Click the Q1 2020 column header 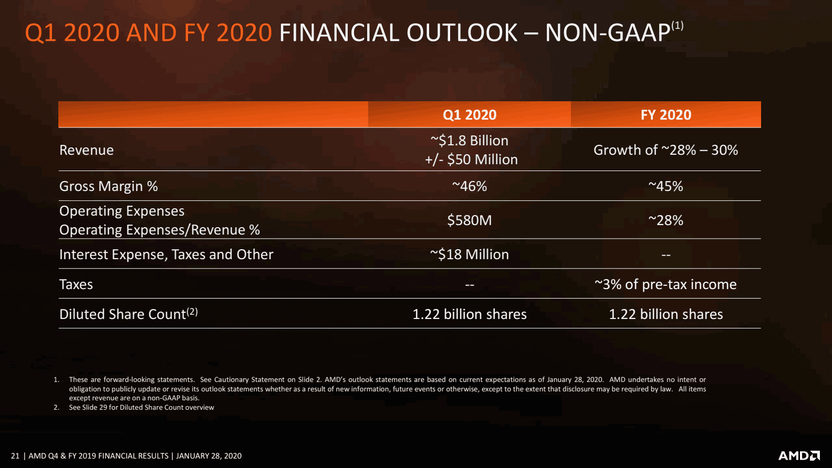coord(469,115)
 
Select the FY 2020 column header coord(665,115)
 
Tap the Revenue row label coord(87,150)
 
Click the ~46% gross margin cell coord(469,186)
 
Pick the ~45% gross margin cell coord(665,186)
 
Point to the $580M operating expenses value coord(469,220)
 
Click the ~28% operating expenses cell coord(665,220)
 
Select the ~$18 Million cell coord(469,254)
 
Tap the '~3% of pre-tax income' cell coord(665,284)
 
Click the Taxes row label coord(76,284)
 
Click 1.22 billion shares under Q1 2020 coord(469,314)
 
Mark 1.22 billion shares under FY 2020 coord(665,314)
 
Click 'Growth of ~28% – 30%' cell coord(665,150)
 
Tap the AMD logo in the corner coord(798,455)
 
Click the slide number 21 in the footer coord(15,456)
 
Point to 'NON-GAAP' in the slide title coord(608,33)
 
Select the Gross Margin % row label coord(108,186)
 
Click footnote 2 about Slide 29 coord(141,408)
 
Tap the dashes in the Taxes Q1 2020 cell coord(469,285)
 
